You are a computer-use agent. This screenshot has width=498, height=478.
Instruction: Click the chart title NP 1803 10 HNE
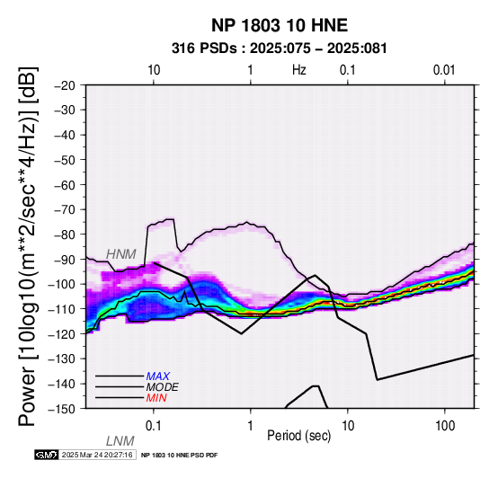pyautogui.click(x=280, y=25)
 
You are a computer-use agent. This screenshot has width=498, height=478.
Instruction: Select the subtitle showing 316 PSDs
pyautogui.click(x=280, y=49)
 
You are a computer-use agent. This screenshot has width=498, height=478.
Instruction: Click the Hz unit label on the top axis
pyautogui.click(x=299, y=70)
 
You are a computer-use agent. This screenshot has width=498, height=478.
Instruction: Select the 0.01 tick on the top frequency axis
pyautogui.click(x=445, y=70)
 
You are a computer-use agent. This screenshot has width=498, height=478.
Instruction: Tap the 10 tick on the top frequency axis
pyautogui.click(x=154, y=70)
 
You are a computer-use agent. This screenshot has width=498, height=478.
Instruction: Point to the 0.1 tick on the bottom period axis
pyautogui.click(x=154, y=426)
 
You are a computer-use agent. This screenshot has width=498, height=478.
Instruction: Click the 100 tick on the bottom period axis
pyautogui.click(x=445, y=426)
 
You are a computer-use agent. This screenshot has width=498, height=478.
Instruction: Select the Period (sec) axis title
pyautogui.click(x=298, y=436)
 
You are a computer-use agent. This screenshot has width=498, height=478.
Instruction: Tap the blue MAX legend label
pyautogui.click(x=158, y=376)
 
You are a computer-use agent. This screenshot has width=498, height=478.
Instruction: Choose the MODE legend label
pyautogui.click(x=163, y=387)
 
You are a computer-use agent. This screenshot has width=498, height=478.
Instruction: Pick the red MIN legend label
pyautogui.click(x=156, y=398)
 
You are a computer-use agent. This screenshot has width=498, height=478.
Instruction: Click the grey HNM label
pyautogui.click(x=121, y=254)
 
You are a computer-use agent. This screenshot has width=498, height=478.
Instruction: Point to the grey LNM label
pyautogui.click(x=120, y=441)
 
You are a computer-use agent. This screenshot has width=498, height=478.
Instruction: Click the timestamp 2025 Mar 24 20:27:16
pyautogui.click(x=97, y=456)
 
